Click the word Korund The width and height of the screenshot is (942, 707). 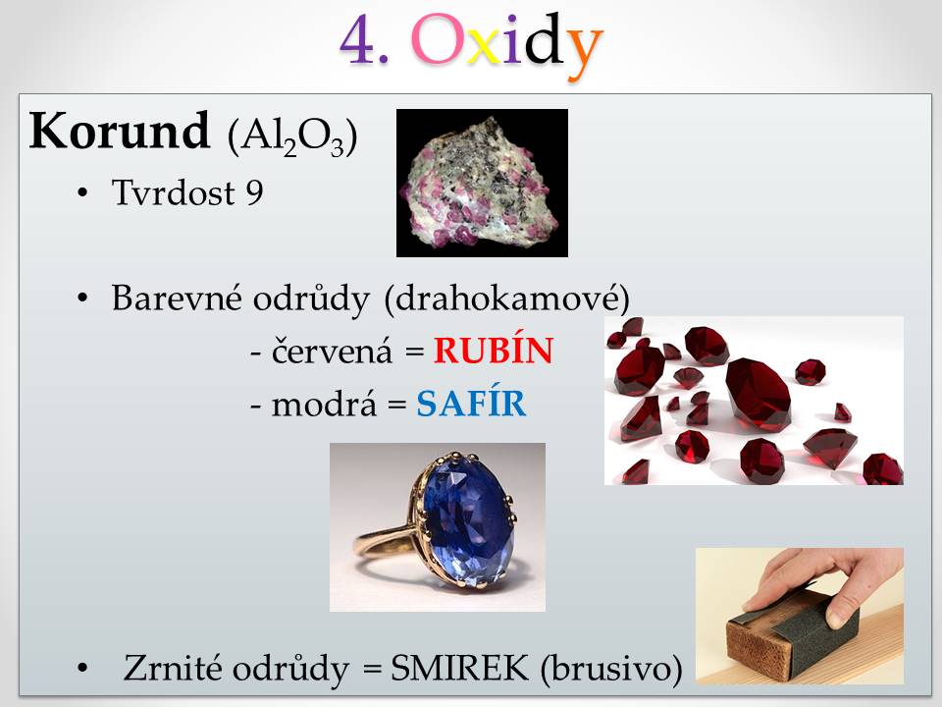120,131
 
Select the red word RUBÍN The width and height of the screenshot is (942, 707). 494,351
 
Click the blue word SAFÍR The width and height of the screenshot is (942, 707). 472,404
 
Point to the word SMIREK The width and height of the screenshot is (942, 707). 460,668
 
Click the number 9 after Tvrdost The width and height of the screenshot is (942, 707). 254,192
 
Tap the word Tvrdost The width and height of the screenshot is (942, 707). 173,192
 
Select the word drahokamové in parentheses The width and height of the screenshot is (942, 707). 506,298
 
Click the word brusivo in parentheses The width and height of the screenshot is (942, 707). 611,668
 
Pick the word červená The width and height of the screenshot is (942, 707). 332,351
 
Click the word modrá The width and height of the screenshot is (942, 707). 324,404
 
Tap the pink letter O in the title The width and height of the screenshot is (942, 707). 436,39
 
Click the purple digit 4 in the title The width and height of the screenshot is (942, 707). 359,39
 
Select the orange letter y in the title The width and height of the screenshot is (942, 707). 585,49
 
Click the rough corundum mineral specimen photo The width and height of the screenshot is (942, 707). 482,183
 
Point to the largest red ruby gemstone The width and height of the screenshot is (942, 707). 759,394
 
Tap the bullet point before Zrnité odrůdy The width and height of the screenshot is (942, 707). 82,668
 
